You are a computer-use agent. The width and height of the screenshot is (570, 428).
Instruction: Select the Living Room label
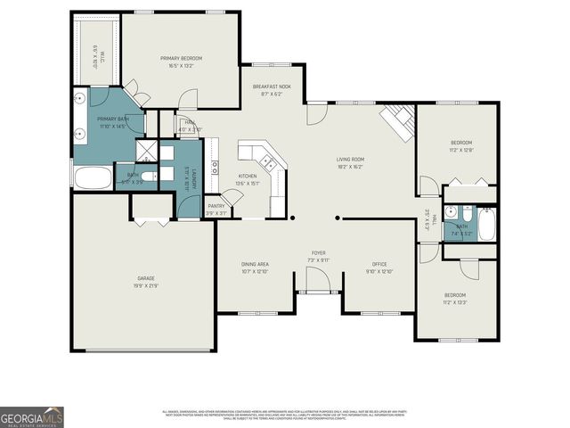pyautogui.click(x=350, y=160)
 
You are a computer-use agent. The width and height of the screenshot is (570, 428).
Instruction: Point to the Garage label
pyautogui.click(x=147, y=278)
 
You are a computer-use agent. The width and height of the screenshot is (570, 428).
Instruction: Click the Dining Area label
pyautogui.click(x=256, y=264)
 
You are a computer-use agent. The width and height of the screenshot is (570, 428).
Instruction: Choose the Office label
pyautogui.click(x=379, y=264)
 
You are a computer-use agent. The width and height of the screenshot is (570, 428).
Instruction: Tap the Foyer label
pyautogui.click(x=318, y=253)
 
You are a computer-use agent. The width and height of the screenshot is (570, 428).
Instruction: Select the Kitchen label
pyautogui.click(x=247, y=177)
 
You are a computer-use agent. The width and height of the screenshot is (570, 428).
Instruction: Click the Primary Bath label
pyautogui.click(x=113, y=119)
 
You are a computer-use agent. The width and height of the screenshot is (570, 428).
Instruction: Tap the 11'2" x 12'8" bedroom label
pyautogui.click(x=460, y=143)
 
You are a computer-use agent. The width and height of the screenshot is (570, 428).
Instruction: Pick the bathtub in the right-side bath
pyautogui.click(x=486, y=225)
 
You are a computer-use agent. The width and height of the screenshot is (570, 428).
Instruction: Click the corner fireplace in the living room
pyautogui.click(x=398, y=120)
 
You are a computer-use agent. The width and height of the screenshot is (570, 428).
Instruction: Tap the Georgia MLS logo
pyautogui.click(x=31, y=417)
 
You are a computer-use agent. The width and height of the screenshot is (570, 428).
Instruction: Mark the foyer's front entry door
pyautogui.click(x=318, y=290)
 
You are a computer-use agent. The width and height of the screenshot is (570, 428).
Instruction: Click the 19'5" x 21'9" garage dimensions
pyautogui.click(x=147, y=284)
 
